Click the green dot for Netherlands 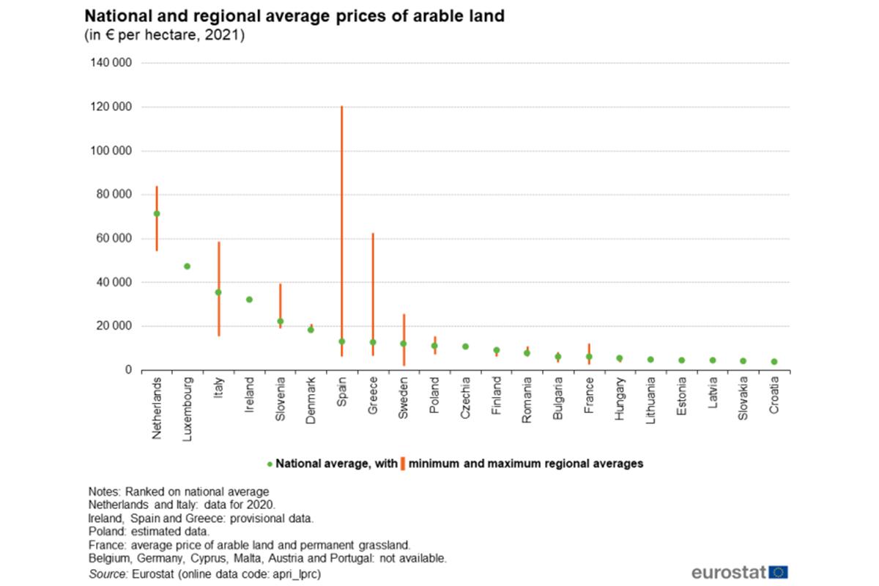point(156,214)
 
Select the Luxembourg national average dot point(187,267)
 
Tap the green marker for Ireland point(249,300)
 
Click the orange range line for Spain point(341,220)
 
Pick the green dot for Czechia point(465,346)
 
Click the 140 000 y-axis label point(111,64)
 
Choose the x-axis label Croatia point(774,396)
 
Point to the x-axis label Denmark point(311,399)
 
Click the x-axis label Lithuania point(650,401)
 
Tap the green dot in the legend point(270,464)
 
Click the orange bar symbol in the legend point(403,464)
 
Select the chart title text point(294,16)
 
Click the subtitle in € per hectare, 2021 point(165,35)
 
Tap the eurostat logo point(739,572)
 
